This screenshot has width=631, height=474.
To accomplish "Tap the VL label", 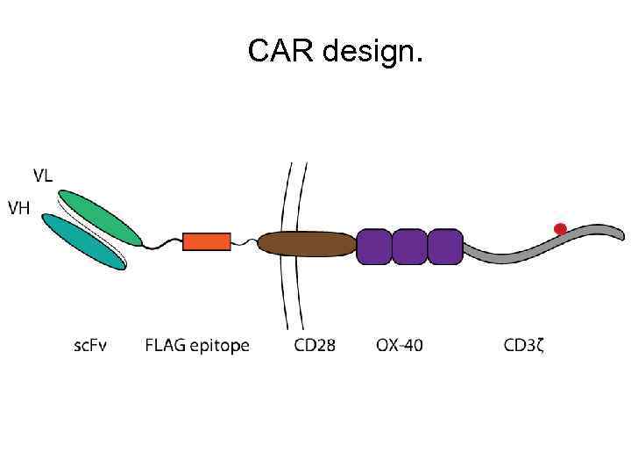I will coord(43,175).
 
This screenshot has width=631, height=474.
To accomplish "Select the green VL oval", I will coord(101,218).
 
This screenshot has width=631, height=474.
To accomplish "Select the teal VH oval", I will coord(84,242).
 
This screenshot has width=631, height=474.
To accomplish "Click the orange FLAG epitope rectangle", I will coord(207,241).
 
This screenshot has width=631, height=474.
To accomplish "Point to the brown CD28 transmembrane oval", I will coord(307,244).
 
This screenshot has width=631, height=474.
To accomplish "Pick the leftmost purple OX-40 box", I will coord(374,246).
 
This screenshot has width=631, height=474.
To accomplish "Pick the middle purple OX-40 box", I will coord(409,246).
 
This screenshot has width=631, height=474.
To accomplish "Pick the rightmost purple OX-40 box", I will coord(444,246).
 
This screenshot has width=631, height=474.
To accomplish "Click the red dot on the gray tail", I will coord(560,229).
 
